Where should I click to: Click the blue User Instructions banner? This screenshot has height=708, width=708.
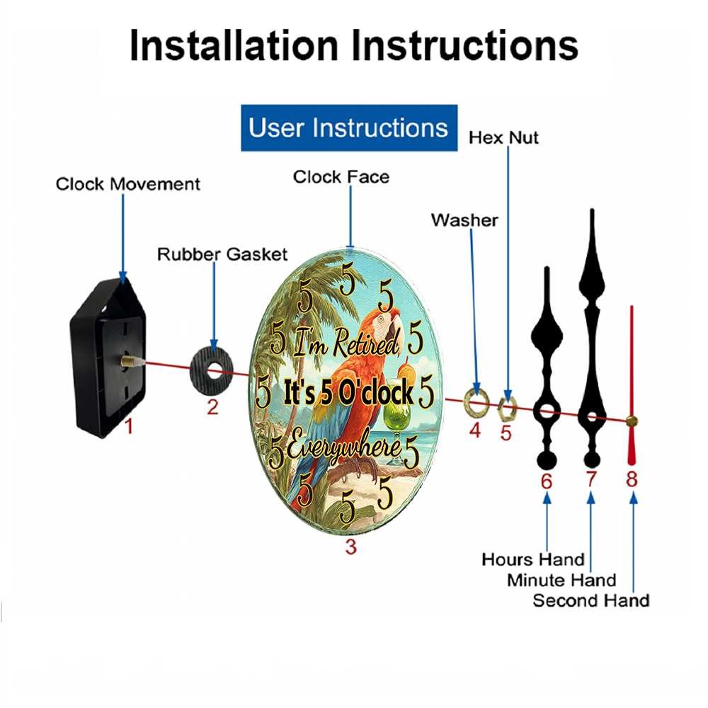pyautogui.click(x=349, y=127)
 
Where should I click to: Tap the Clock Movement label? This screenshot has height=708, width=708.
pyautogui.click(x=127, y=184)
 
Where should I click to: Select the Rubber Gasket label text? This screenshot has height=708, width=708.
pyautogui.click(x=222, y=254)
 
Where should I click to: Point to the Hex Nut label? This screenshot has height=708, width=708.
pyautogui.click(x=503, y=138)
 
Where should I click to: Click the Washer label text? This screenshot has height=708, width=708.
pyautogui.click(x=464, y=220)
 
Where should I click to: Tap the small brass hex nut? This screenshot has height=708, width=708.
pyautogui.click(x=507, y=409)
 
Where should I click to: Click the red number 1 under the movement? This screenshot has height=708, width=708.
pyautogui.click(x=129, y=426)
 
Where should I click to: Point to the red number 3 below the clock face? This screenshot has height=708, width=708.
pyautogui.click(x=351, y=547)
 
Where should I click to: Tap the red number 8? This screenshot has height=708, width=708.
pyautogui.click(x=632, y=479)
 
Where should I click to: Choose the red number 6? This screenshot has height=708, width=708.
pyautogui.click(x=547, y=481)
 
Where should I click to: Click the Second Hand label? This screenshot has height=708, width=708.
pyautogui.click(x=591, y=601)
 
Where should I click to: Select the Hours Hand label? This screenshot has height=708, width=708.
pyautogui.click(x=533, y=560)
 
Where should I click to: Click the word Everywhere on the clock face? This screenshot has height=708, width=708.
pyautogui.click(x=343, y=447)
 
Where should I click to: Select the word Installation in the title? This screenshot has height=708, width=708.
pyautogui.click(x=234, y=45)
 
